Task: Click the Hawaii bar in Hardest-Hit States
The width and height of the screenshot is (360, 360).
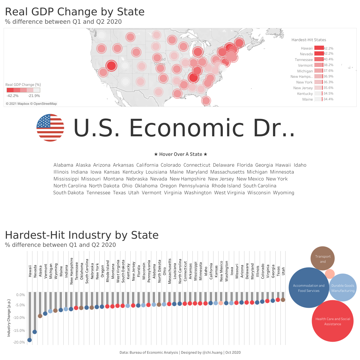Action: (319, 48)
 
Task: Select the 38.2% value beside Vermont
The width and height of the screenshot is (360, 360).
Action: (328, 65)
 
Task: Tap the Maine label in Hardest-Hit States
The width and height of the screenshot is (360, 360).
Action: (307, 99)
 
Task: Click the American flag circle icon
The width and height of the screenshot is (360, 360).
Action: (50, 128)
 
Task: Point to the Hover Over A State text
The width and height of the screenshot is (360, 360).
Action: (180, 154)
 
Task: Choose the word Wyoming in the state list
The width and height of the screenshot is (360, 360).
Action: (283, 193)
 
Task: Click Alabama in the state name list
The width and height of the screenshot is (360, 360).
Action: (63, 165)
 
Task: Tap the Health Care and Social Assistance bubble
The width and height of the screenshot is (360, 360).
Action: (332, 321)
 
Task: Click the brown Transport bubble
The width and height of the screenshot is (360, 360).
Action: (322, 258)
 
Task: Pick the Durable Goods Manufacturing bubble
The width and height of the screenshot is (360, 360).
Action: (343, 288)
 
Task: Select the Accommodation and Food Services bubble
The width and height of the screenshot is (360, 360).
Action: (309, 288)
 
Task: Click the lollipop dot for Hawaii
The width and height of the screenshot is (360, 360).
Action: (29, 340)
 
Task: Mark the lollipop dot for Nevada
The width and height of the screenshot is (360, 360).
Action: (35, 332)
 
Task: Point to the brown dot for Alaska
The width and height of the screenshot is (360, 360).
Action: (40, 316)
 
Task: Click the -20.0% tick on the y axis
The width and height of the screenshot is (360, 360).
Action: (19, 342)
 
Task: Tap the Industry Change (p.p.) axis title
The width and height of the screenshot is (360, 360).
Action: (9, 318)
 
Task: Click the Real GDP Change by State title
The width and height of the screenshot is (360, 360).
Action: (75, 12)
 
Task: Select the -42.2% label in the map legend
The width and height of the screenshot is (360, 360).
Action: (13, 96)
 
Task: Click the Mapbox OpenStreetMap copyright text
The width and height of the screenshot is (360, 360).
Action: (31, 104)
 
